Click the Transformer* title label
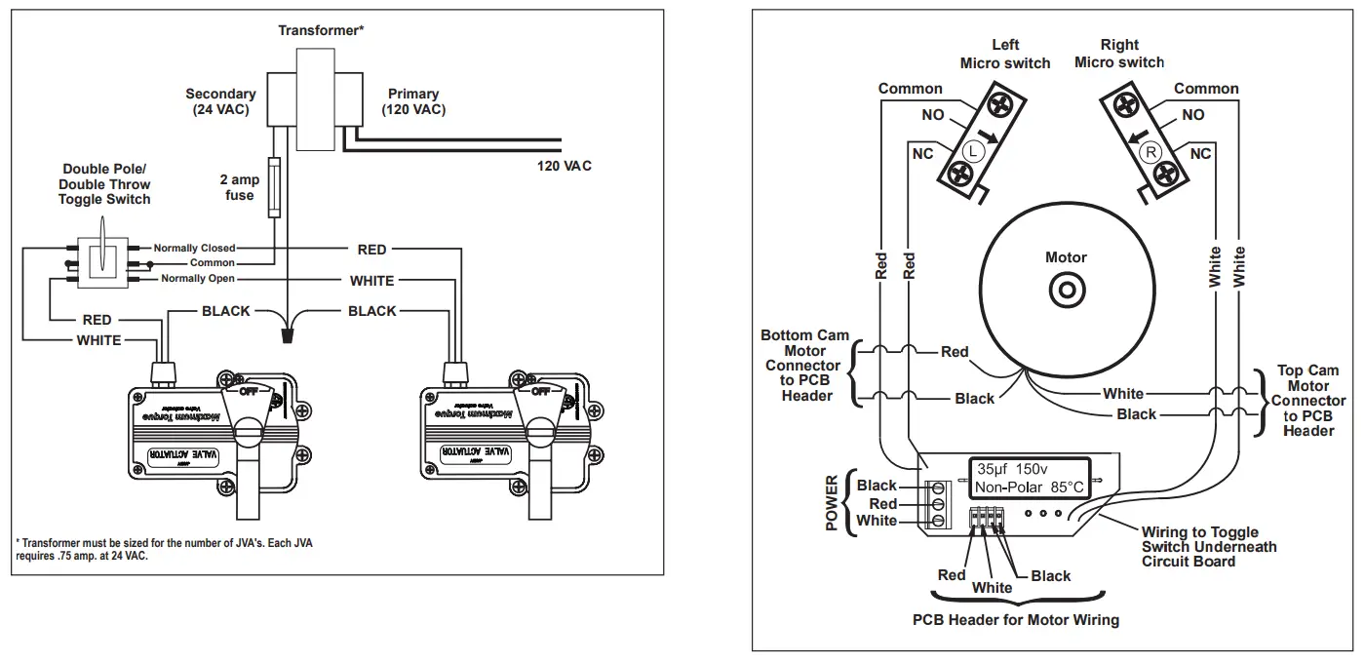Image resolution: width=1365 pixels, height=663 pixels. coord(321,30)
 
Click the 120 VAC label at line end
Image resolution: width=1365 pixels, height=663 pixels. coord(564,166)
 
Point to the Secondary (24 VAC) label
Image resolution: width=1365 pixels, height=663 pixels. coord(221,101)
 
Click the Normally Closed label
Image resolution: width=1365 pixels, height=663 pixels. coord(194,249)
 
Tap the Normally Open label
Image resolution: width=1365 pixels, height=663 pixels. coord(197,279)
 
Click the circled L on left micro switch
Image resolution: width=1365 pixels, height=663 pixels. coord(973,151)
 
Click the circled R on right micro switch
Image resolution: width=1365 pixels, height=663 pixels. coord(1150,152)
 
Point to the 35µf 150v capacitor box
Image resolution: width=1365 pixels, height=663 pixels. coord(1030,477)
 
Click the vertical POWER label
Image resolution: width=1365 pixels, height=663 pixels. coord(832,503)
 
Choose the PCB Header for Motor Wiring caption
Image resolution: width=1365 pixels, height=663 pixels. coord(1015,620)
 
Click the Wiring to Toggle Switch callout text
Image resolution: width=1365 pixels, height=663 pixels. coord(1208,547)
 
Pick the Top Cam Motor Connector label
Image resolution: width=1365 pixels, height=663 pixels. coord(1308,401)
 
